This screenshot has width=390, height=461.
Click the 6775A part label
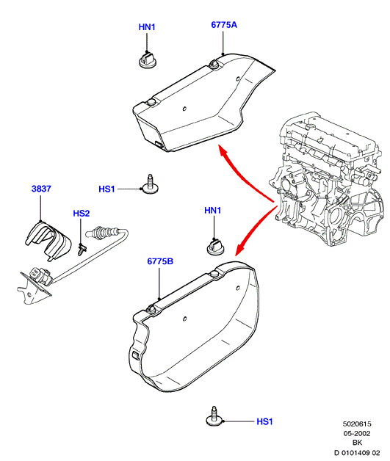(224, 25)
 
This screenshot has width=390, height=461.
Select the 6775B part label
(160, 261)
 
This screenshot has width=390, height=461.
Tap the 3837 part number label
(41, 189)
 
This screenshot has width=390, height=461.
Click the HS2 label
(82, 213)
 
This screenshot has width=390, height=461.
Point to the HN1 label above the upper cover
(147, 27)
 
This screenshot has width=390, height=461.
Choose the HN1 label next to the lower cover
(212, 210)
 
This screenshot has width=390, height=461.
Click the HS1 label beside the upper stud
(106, 189)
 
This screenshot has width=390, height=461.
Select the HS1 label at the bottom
(264, 421)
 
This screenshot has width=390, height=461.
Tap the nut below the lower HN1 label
(216, 247)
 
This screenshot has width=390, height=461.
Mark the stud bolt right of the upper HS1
(150, 185)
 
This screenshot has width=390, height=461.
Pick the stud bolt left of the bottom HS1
(214, 416)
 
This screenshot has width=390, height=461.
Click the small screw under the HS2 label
(82, 250)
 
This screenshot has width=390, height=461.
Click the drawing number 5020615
(357, 424)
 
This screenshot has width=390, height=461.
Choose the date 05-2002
(357, 433)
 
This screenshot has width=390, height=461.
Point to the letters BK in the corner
(357, 443)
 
